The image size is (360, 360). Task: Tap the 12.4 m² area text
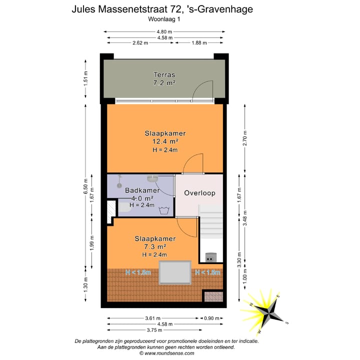click(x=165, y=141)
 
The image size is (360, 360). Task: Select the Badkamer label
click(x=142, y=190)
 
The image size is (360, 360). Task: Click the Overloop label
click(x=199, y=193)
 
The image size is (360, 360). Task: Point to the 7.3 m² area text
click(x=154, y=246)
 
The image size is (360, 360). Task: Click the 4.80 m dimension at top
click(x=164, y=31)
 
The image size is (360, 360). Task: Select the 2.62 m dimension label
click(x=140, y=43)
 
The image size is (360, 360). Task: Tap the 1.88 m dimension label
click(x=198, y=43)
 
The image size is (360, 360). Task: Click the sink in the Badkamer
click(x=152, y=178)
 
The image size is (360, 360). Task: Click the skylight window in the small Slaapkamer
click(x=175, y=272)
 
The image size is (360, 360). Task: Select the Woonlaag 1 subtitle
click(x=165, y=19)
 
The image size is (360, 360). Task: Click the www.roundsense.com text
click(x=166, y=353)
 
